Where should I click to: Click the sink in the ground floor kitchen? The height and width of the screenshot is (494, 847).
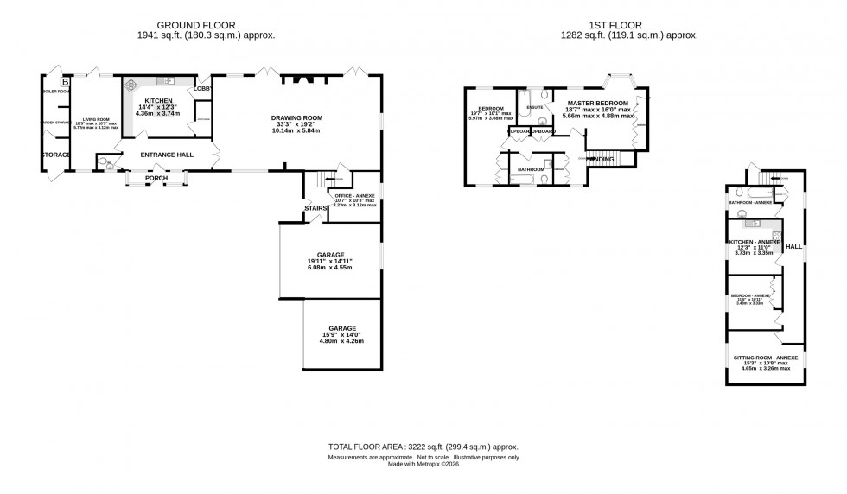click(x=169, y=81)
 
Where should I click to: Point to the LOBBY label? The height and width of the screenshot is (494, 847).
click(x=202, y=88)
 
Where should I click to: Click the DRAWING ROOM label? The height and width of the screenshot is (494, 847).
click(x=296, y=118)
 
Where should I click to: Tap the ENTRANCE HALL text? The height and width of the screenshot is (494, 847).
click(x=156, y=155)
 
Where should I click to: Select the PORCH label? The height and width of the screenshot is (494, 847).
click(x=156, y=179)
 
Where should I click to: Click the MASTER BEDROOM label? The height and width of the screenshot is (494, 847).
click(x=597, y=103)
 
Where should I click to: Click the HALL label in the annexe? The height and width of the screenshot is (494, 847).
click(x=793, y=246)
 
